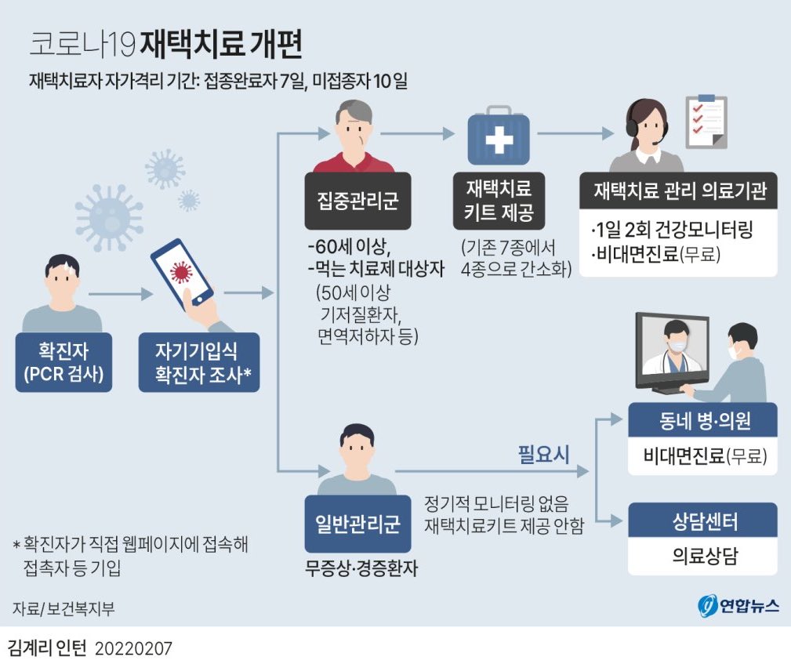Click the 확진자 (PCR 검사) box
(x=63, y=362)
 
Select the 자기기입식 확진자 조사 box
(x=199, y=362)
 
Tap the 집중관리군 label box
(x=357, y=201)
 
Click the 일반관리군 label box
(x=357, y=524)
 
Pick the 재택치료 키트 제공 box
(x=499, y=201)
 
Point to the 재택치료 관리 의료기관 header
(x=679, y=190)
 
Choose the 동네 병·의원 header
(x=702, y=419)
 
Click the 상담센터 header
(x=702, y=521)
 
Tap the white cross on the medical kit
(x=499, y=139)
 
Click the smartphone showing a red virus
(x=182, y=276)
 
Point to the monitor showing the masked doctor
(x=672, y=352)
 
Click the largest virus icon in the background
(x=108, y=218)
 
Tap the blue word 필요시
(x=543, y=455)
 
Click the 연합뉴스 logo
(x=738, y=605)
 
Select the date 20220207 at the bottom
(x=133, y=648)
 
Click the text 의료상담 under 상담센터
(x=705, y=556)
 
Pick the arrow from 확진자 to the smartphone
(x=121, y=294)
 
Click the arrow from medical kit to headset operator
(x=575, y=134)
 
